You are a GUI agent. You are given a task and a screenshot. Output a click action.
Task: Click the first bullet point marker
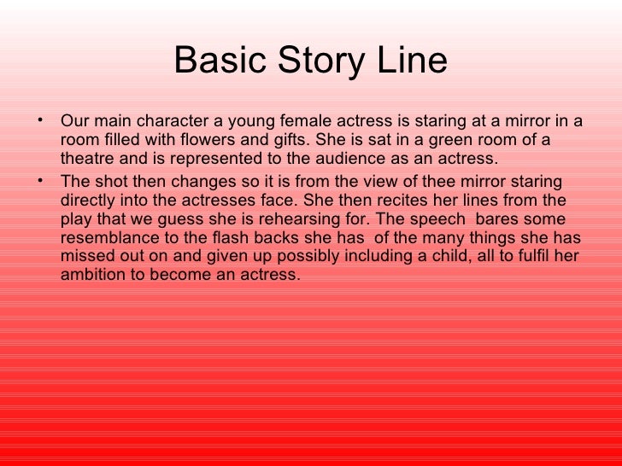(44, 118)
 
